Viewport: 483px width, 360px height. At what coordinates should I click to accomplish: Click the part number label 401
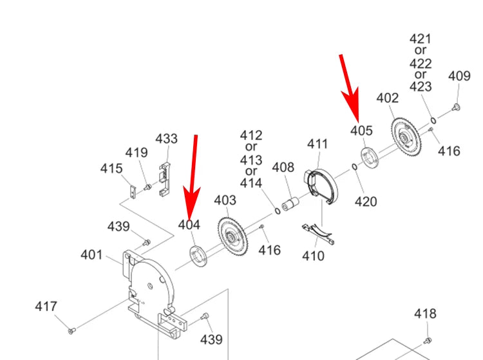(91, 255)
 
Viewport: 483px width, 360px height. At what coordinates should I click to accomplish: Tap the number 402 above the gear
(387, 98)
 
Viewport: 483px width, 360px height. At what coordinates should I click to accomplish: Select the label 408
(283, 168)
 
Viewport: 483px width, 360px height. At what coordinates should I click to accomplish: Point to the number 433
(166, 139)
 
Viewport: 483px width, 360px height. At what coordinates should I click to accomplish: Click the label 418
(425, 314)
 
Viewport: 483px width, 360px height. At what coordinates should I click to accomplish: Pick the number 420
(366, 202)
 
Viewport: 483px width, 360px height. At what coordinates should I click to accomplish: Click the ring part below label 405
(369, 157)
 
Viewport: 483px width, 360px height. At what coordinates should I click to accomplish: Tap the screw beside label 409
(455, 106)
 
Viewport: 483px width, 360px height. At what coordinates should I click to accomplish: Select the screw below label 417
(72, 331)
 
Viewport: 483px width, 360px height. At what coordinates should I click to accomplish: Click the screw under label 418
(428, 339)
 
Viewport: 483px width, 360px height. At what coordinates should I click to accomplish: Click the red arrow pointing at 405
(350, 87)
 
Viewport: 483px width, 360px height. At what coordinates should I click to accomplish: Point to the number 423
(421, 86)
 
